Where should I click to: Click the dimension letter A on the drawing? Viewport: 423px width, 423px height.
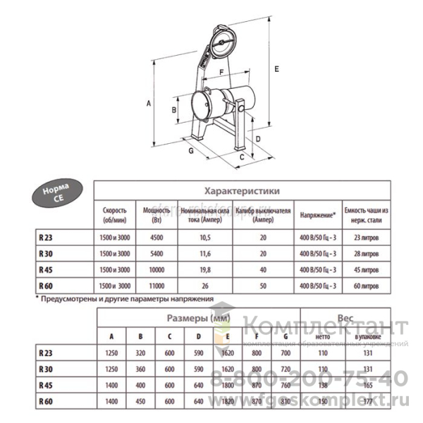click(x=149, y=103)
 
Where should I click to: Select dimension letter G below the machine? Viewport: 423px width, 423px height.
click(x=191, y=150)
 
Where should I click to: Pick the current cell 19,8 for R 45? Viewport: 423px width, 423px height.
click(x=207, y=269)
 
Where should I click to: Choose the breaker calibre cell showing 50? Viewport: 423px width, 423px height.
click(x=263, y=286)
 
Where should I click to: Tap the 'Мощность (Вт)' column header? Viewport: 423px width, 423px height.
click(x=157, y=214)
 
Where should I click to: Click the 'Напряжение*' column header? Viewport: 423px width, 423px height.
click(x=317, y=214)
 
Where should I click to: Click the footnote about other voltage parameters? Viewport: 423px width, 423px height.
click(x=124, y=299)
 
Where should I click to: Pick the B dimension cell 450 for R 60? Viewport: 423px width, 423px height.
click(x=140, y=401)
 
